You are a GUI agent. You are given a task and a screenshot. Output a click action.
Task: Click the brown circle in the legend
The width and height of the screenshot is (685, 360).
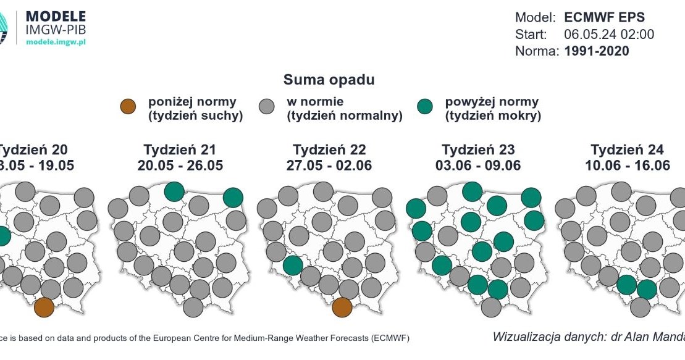pos(128,107)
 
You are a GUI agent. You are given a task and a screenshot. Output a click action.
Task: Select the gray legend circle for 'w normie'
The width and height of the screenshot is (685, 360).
pos(267,107)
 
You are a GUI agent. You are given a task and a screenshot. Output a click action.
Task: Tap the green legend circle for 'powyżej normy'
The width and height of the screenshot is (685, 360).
pos(425,107)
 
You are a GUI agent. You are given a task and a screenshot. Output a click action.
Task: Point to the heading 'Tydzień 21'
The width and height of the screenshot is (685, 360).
pos(180,150)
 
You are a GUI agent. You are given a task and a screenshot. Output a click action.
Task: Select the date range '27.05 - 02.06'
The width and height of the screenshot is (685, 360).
pos(329,165)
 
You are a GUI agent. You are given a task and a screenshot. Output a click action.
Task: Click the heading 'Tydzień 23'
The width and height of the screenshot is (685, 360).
pos(478,150)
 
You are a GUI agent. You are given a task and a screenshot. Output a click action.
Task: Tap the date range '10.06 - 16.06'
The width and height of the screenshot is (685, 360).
pos(627,165)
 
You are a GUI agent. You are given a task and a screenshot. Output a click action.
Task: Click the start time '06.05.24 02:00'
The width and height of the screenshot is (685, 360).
pos(609,35)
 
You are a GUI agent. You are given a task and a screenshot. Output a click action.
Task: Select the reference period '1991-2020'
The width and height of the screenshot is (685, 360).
pos(597,51)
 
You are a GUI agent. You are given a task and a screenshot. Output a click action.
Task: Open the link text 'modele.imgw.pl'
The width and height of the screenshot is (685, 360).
pos(55,41)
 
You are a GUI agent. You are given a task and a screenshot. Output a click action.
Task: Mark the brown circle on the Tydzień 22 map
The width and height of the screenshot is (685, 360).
pos(342,307)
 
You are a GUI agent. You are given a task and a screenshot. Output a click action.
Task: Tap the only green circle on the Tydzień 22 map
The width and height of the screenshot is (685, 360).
pos(293,266)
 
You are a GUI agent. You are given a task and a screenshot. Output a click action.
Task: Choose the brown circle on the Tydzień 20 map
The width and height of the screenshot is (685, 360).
pos(44,307)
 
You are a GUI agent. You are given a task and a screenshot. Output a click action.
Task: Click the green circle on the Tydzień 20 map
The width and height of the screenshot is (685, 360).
pos(2,236)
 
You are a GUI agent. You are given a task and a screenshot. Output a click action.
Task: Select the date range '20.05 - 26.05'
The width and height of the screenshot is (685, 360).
pos(180,165)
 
